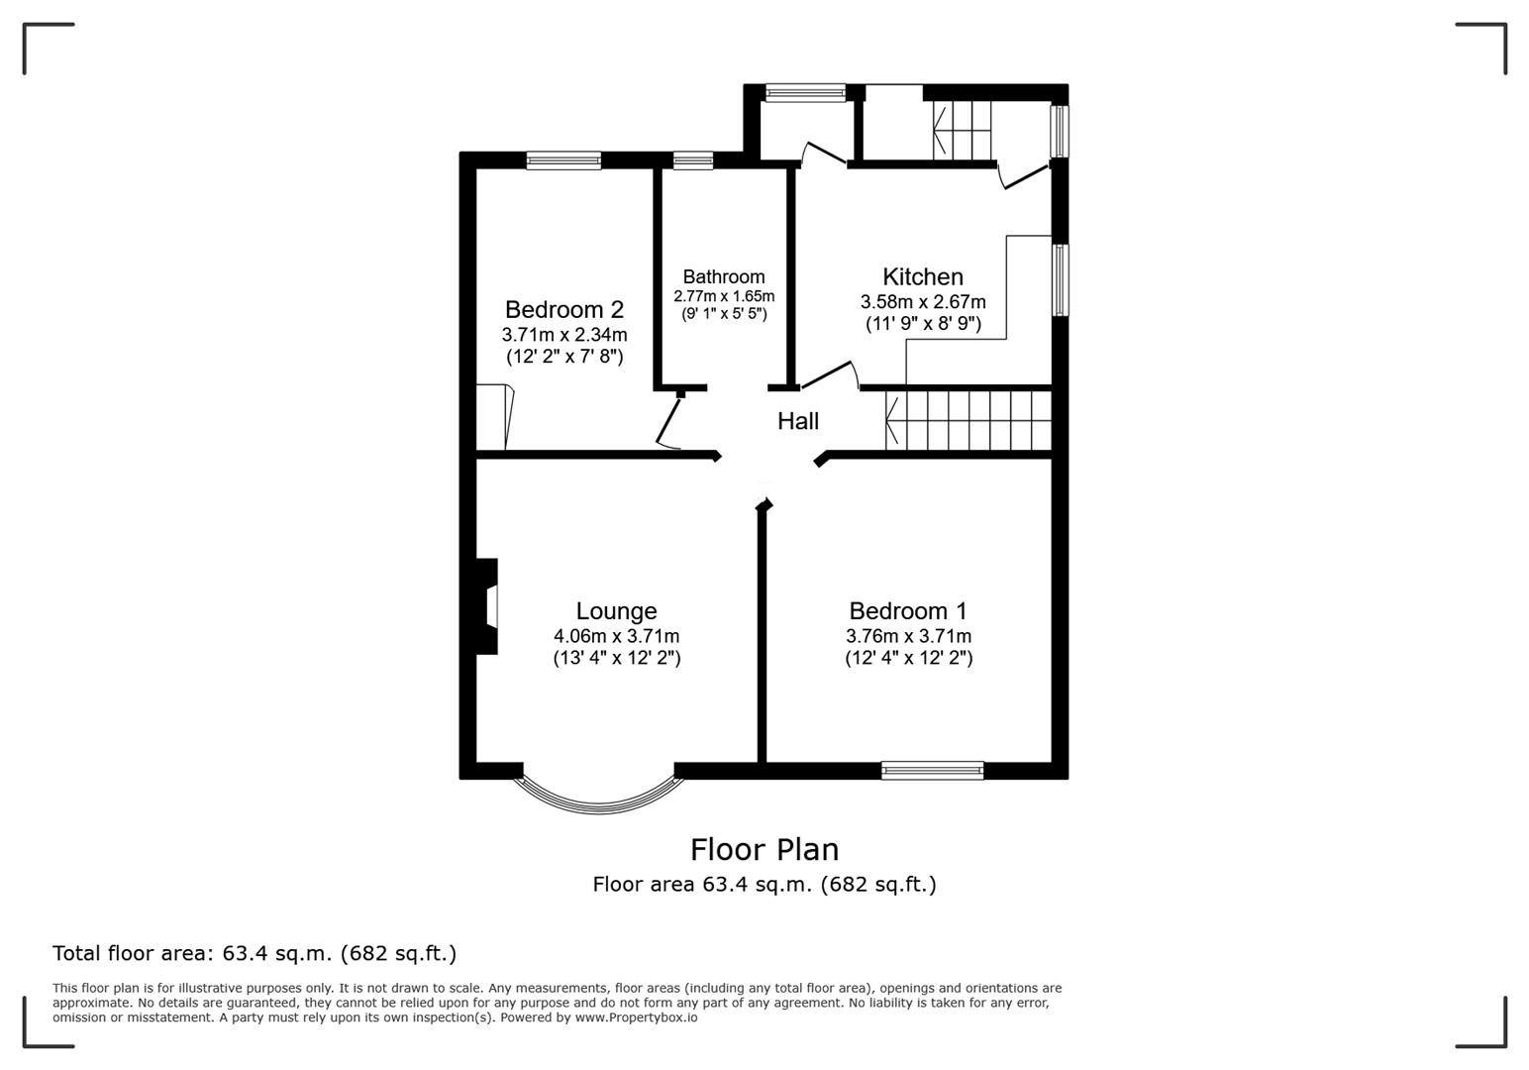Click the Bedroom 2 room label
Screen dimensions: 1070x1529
[563, 310]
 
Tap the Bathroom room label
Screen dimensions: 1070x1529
[723, 277]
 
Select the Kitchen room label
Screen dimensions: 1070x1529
[923, 277]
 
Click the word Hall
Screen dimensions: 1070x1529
[797, 421]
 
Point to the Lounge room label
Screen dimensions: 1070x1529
[616, 611]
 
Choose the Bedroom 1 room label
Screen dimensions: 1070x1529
[907, 611]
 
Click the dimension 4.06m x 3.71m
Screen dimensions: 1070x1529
[616, 636]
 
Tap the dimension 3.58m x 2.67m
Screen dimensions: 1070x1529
[923, 302]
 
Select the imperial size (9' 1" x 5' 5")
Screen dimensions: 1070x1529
[724, 314]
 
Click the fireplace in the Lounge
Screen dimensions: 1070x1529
[485, 606]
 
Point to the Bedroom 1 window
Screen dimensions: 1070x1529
[932, 770]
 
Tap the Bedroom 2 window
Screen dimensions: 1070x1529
[563, 160]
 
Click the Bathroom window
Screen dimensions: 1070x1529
[692, 160]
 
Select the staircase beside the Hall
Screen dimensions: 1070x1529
[968, 421]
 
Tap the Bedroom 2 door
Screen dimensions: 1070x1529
[669, 423]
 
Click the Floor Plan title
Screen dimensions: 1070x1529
[764, 849]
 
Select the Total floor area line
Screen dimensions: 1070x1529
[255, 953]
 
